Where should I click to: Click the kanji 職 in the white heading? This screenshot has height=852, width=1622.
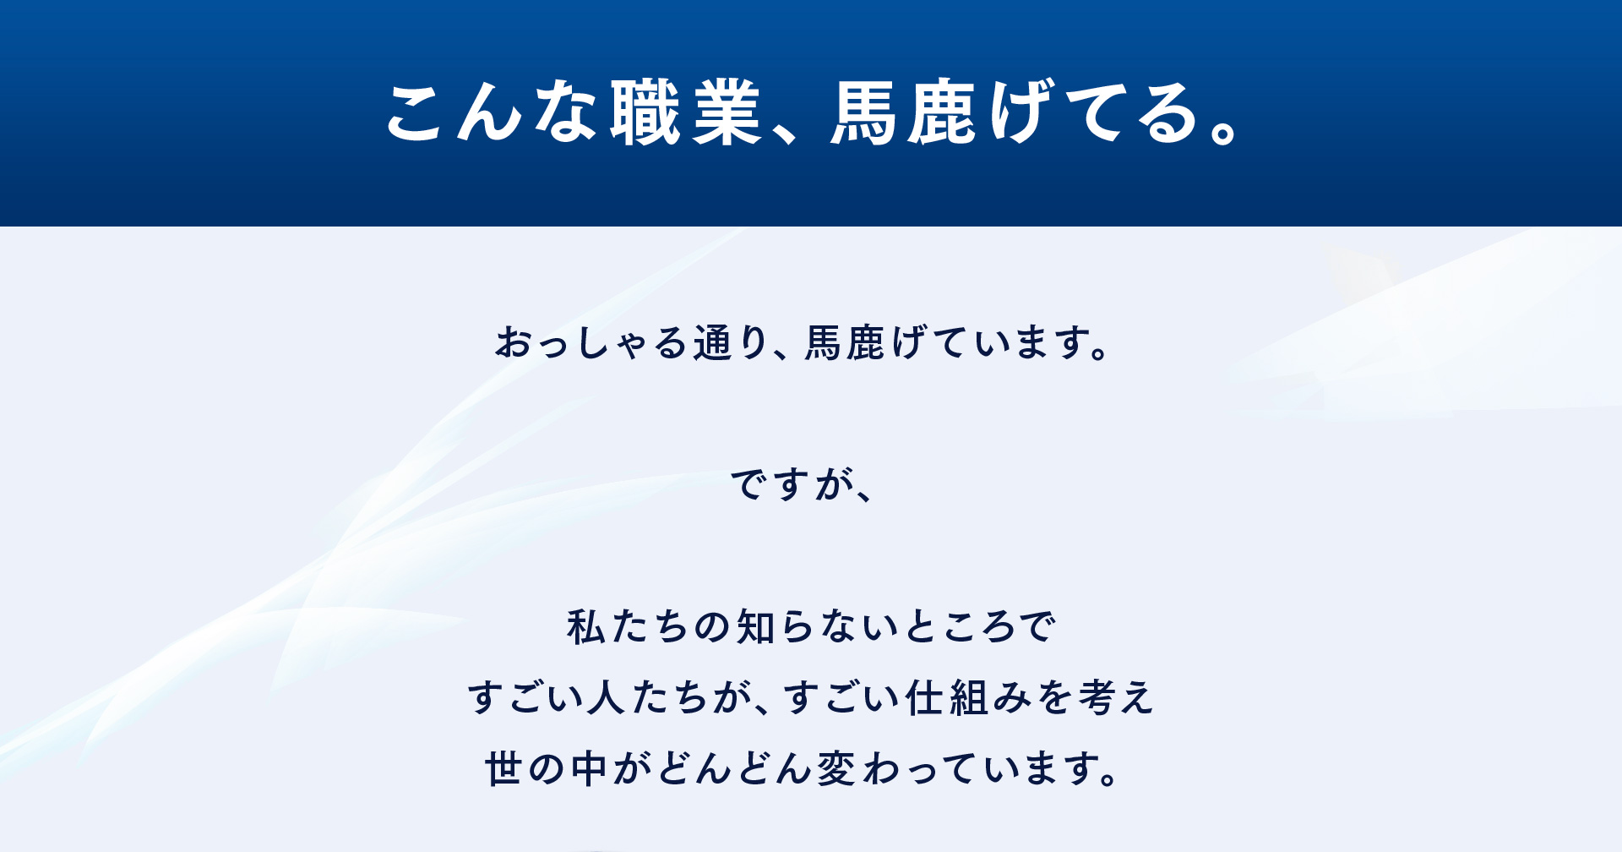(645, 112)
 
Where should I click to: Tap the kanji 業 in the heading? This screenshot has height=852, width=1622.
(727, 112)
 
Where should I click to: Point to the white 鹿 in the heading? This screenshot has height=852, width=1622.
(942, 112)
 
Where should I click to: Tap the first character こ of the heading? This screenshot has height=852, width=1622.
(416, 113)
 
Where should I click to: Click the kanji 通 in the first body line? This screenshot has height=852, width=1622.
(711, 343)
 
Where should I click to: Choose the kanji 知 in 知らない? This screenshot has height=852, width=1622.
(755, 627)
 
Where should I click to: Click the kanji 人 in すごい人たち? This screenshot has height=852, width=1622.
(606, 698)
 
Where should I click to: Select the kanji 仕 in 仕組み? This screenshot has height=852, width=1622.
(923, 698)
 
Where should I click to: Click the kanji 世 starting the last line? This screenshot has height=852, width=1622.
(503, 769)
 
